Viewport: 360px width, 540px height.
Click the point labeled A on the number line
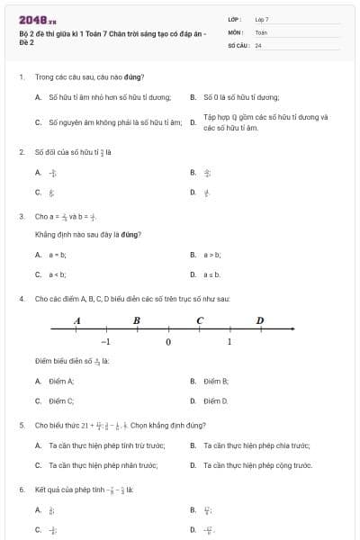[76, 320]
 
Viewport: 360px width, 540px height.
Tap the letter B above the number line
[136, 320]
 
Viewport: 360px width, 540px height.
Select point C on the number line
[199, 320]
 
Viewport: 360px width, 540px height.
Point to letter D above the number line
[260, 320]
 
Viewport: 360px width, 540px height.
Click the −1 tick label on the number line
[105, 342]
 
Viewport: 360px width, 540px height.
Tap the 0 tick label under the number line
[167, 342]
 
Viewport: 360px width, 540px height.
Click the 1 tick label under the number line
[229, 342]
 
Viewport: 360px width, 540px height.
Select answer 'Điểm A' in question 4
[61, 381]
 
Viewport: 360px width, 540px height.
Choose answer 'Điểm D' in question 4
[216, 400]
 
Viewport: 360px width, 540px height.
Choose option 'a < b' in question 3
[58, 274]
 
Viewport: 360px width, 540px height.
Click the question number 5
[21, 424]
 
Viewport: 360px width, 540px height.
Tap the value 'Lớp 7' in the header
[262, 19]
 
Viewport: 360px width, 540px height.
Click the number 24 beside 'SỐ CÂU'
[258, 44]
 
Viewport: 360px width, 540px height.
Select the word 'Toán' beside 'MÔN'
[261, 31]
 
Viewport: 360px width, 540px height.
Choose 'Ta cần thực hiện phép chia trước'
[256, 445]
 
